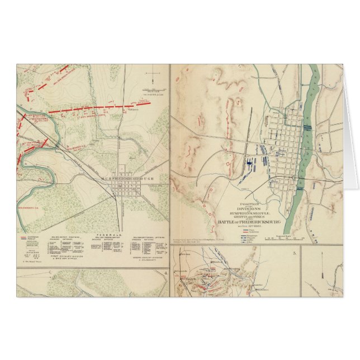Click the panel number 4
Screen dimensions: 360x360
(x=166, y=273)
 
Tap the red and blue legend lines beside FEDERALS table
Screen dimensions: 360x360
(x=25, y=230)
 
